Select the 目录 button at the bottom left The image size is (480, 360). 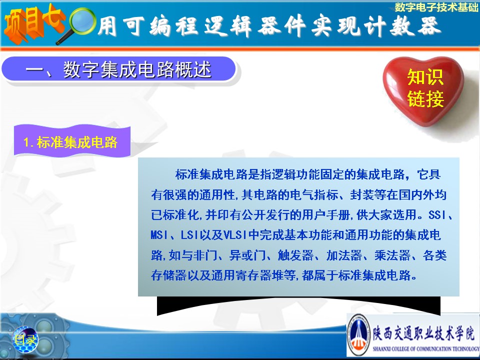click(x=25, y=339)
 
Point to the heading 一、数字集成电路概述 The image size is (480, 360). click(x=119, y=69)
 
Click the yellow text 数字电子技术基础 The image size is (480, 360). click(x=436, y=7)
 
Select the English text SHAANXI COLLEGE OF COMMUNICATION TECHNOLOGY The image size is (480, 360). click(x=426, y=348)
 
